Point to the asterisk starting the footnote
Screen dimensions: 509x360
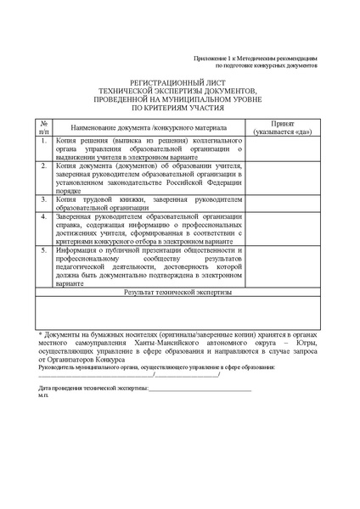41,337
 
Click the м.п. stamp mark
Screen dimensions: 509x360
44,395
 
